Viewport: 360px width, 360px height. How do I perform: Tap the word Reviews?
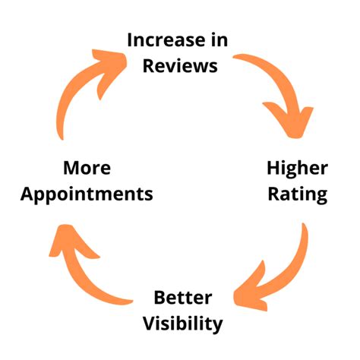tap(181, 65)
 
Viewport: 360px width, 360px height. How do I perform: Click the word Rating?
tap(297, 194)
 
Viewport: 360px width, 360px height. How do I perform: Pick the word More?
tap(87, 167)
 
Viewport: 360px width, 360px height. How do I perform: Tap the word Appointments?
tap(87, 194)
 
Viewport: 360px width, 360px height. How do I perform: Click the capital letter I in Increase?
tap(131, 39)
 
